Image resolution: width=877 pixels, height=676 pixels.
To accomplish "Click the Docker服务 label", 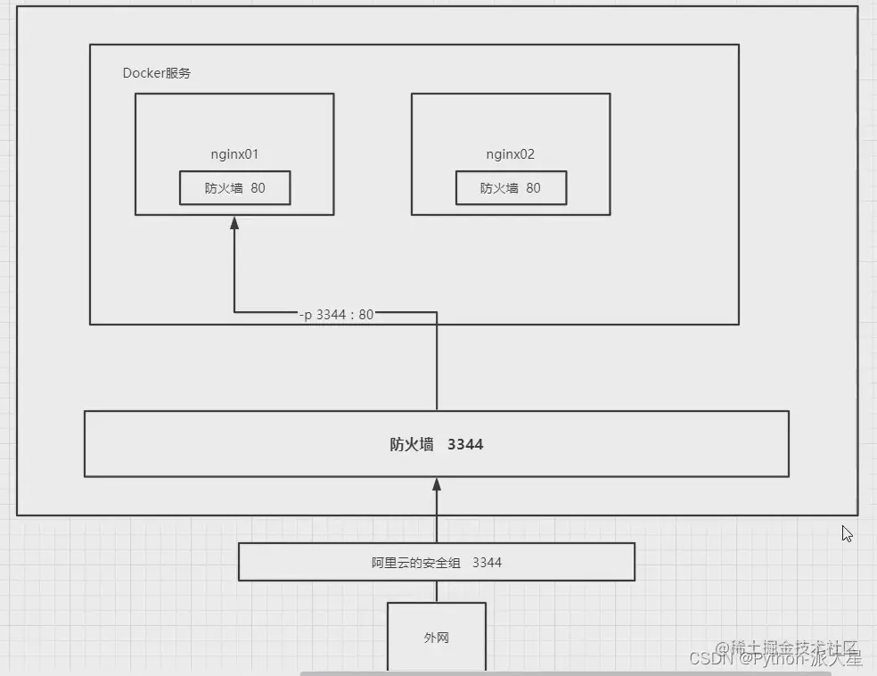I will point(156,73).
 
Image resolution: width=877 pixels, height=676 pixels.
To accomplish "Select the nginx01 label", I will point(234,154).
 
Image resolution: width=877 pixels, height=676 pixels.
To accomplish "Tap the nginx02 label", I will point(510,154).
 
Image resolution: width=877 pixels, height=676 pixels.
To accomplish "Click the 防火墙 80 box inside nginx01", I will point(234,188).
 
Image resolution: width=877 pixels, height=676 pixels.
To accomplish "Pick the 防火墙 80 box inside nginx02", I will point(511,188).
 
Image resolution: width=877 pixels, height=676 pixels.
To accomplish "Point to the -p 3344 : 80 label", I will point(337,314).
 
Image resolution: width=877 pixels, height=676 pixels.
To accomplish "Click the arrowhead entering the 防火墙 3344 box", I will point(437,484).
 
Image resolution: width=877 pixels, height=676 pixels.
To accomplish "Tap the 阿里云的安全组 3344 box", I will point(436,562).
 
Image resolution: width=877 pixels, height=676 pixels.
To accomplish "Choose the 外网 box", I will point(436,638).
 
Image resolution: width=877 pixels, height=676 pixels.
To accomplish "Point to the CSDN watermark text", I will point(709,659).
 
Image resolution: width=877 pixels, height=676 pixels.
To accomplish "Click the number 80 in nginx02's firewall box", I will point(533,188).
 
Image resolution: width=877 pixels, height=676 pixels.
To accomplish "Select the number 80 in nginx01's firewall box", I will point(258,188).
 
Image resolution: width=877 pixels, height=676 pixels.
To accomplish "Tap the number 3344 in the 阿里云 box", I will point(487,562).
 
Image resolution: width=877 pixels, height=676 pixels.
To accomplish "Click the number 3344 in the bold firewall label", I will point(465,444).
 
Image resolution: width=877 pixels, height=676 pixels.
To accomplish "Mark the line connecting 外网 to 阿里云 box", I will point(437,591).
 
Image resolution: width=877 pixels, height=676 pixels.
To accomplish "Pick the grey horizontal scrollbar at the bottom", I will point(570,673).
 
